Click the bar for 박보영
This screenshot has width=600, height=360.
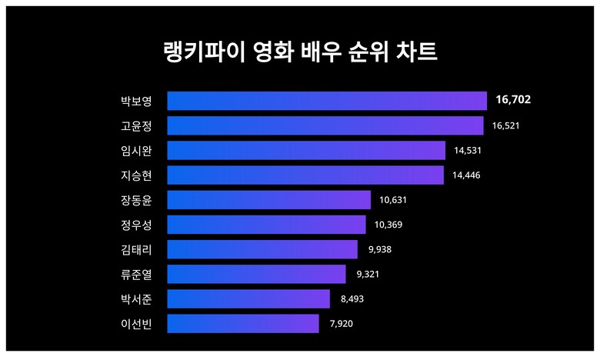327,101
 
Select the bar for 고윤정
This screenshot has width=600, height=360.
325,125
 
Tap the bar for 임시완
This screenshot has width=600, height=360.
306,150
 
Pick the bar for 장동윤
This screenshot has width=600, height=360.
268,200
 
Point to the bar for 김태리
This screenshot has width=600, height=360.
262,249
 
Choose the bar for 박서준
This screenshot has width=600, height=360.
248,298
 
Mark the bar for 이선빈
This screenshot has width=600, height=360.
243,323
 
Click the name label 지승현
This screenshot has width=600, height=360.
136,175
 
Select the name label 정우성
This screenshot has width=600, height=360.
136,225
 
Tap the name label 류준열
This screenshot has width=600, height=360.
136,274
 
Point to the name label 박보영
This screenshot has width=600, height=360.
136,101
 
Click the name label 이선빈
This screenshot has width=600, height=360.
136,323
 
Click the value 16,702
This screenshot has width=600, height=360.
513,100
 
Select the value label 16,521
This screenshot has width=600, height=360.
506,125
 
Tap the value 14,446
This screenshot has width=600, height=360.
467,175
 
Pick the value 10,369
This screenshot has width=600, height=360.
388,225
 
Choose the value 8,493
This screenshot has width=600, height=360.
352,298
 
